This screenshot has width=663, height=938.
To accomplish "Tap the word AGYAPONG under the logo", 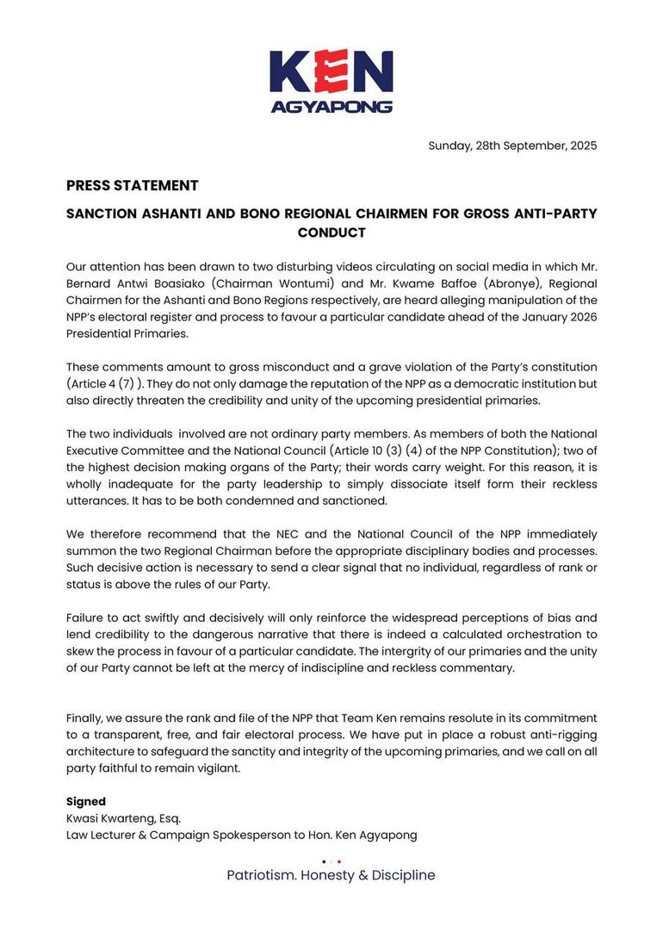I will coord(331,108).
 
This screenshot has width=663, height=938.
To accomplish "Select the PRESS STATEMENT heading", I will coord(132,185).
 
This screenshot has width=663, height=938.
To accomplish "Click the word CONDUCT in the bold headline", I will coord(331,233).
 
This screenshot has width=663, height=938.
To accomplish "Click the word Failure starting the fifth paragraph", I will coord(87,618).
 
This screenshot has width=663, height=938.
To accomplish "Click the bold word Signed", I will coord(86,801).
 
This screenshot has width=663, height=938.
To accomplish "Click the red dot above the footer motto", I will coord(339,860).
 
